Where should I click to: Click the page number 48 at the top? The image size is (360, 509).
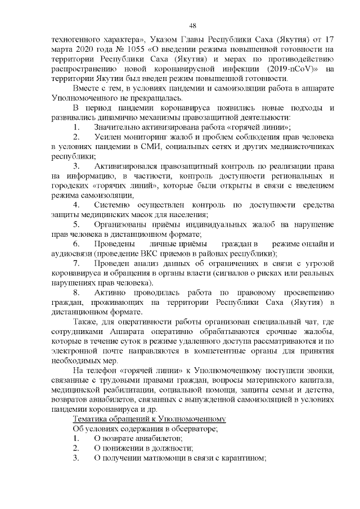coord(192,25)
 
